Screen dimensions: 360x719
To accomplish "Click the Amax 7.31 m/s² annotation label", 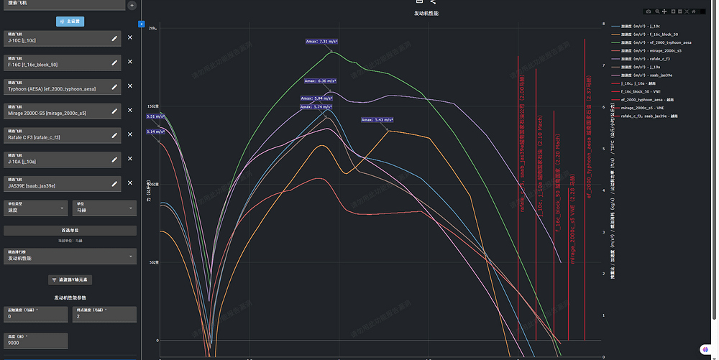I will coord(321,42).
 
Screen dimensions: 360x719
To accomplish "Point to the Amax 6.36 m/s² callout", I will coord(320,81).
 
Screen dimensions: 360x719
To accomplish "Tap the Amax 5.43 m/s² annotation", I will coord(377,120).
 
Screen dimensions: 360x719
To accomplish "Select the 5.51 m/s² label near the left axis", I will coord(155,116).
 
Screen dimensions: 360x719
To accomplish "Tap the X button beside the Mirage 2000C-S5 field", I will coord(130,111).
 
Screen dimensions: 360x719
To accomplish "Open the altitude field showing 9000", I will coord(36,341).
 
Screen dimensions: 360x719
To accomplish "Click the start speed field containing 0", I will coord(36,314).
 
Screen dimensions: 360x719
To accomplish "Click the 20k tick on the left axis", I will coord(152,29).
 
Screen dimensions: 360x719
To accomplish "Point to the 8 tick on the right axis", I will coord(603,24).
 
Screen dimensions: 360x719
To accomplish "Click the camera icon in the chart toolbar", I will coord(649,11).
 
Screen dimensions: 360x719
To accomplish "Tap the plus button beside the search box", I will coord(132,5).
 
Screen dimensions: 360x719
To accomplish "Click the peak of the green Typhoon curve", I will coord(334,52).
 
